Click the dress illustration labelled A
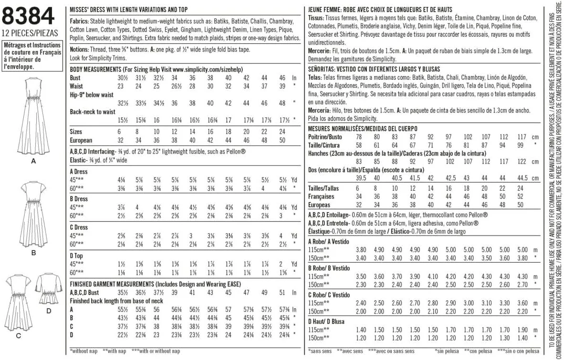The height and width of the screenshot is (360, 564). point(33,117)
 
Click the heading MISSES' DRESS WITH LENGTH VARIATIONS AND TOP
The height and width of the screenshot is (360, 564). point(128,10)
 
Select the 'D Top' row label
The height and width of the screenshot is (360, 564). point(76,256)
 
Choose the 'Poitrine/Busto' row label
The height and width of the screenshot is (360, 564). point(330,137)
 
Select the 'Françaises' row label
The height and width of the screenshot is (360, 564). point(322,196)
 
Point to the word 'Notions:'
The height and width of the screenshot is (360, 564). point(79,49)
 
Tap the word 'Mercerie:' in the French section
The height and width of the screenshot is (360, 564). point(320,51)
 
